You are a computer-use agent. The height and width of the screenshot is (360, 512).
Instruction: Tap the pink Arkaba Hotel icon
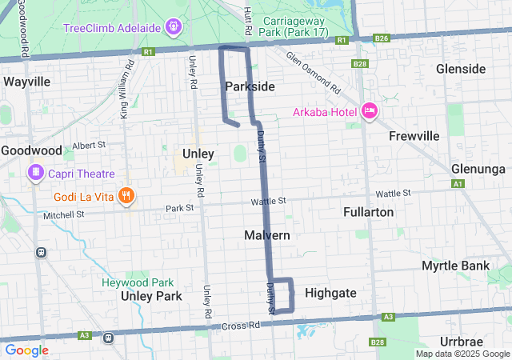point(370,110)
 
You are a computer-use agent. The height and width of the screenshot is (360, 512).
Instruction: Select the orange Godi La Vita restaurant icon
point(126,195)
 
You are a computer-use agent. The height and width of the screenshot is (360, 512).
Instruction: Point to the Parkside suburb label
point(250,86)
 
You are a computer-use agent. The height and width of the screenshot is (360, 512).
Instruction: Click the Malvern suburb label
point(266,235)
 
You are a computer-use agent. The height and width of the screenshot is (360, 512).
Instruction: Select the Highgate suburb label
point(330,293)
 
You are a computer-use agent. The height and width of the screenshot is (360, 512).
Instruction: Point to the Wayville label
point(27,82)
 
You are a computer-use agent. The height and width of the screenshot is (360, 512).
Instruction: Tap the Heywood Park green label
point(138,282)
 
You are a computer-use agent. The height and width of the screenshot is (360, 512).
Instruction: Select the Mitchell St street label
point(64,215)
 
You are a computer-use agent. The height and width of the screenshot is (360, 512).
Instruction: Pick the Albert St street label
point(89,146)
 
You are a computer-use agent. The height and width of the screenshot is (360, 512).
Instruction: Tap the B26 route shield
point(382,38)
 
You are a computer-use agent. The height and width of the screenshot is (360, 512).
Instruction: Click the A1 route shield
point(458,184)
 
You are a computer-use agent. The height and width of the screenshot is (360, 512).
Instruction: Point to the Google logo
point(26,350)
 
